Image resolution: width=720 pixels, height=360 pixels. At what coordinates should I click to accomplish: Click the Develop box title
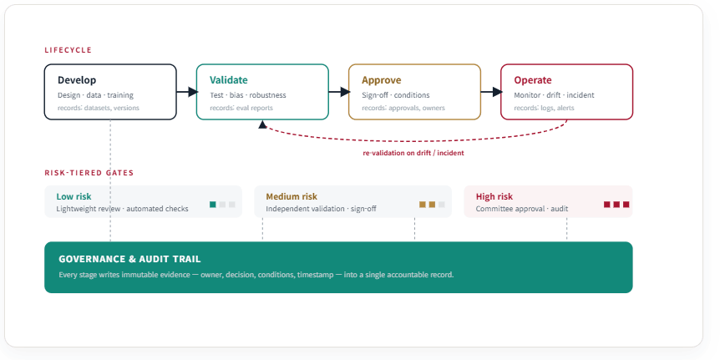tap(77, 80)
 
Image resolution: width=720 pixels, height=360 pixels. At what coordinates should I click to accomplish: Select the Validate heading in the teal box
tap(229, 80)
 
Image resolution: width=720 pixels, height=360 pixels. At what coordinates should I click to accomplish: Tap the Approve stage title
tap(381, 80)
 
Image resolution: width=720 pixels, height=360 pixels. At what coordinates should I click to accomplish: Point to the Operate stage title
tap(533, 80)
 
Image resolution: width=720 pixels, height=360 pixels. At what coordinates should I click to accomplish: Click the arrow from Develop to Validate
tap(187, 92)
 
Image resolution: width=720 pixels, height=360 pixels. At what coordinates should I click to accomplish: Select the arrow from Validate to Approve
tap(339, 92)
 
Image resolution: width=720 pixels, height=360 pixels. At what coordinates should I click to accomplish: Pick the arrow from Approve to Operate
tap(491, 92)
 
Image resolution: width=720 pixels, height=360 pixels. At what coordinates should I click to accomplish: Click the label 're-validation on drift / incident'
tap(413, 154)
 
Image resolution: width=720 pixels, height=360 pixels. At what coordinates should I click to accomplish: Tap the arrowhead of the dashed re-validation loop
tap(262, 124)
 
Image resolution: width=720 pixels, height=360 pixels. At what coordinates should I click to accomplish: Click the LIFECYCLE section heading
tap(68, 50)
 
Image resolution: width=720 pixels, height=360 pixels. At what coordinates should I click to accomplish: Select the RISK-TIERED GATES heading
tap(89, 173)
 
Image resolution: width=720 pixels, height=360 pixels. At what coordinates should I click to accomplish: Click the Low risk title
tap(74, 196)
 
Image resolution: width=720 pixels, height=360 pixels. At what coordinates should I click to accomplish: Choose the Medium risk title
tap(292, 196)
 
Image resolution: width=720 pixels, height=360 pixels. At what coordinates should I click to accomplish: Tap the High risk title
tap(494, 196)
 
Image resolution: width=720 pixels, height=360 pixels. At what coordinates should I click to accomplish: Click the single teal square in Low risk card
tap(213, 205)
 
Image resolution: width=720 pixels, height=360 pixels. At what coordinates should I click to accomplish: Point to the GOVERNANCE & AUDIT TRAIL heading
tap(129, 259)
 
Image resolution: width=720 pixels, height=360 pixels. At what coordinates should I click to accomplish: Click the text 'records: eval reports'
tap(241, 108)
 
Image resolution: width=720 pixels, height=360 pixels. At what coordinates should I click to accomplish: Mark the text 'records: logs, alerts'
tap(544, 108)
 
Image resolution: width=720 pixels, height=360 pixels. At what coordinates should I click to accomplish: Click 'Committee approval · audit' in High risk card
tap(522, 209)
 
